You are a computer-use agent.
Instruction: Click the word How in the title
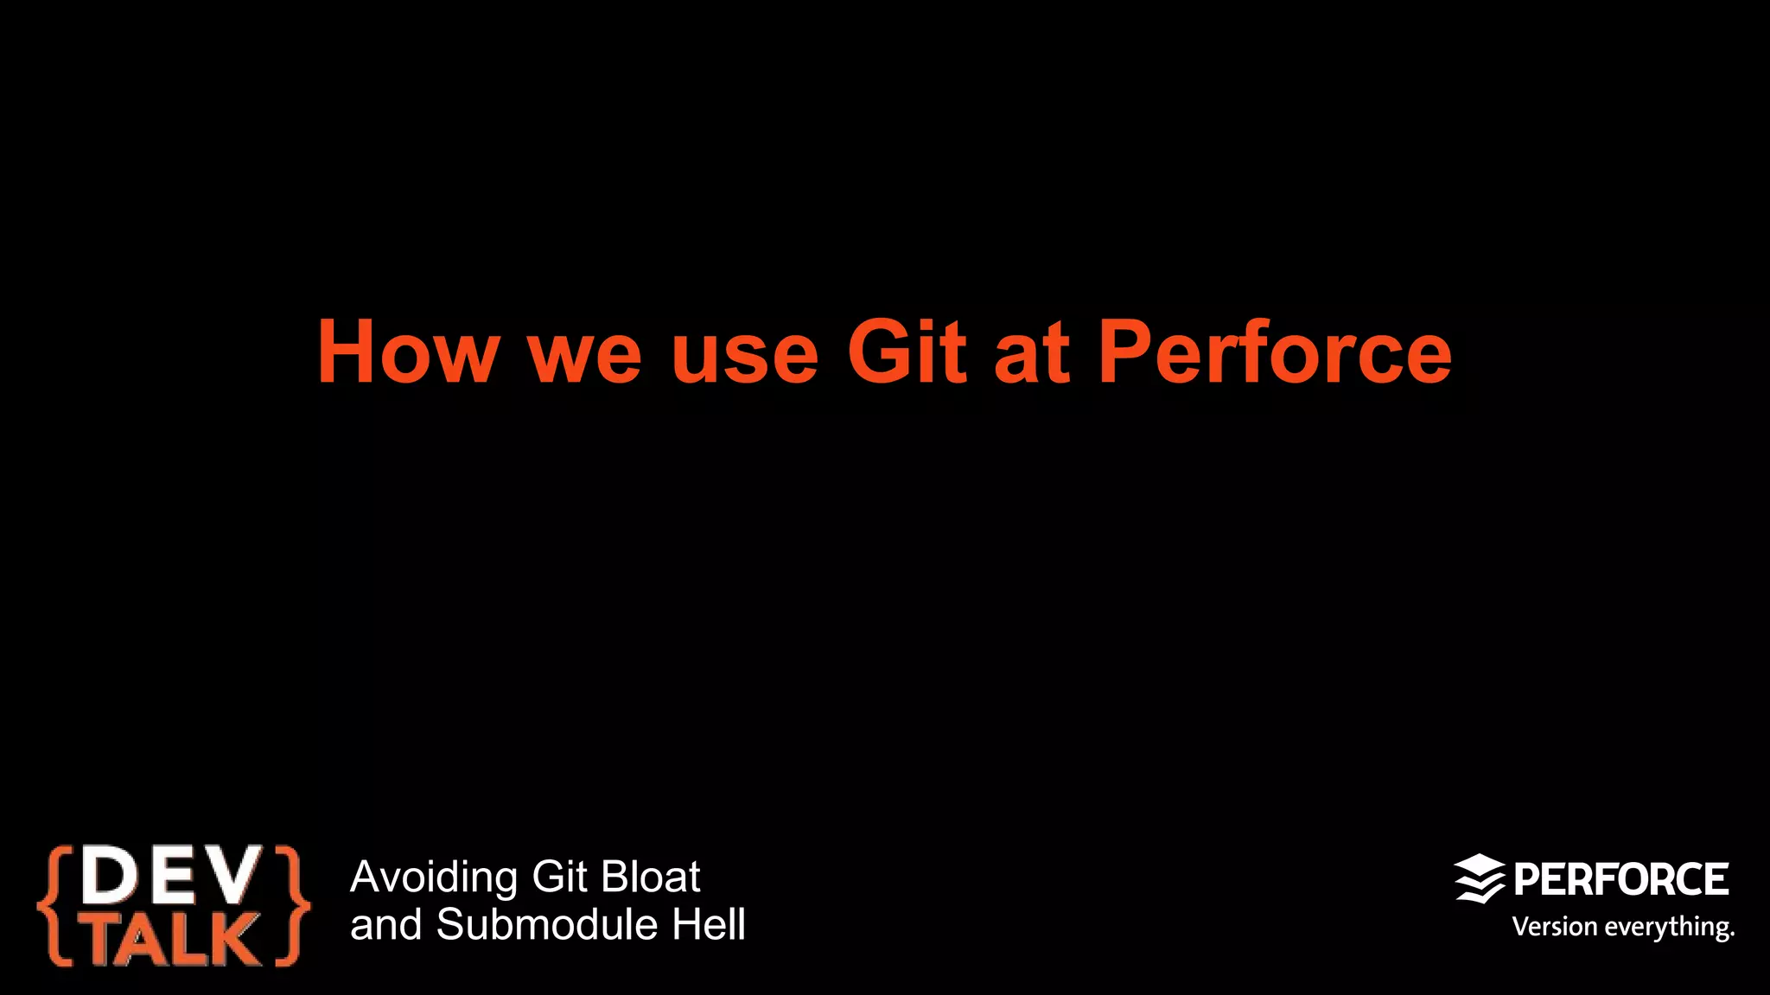[408, 352]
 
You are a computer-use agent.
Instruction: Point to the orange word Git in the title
[906, 352]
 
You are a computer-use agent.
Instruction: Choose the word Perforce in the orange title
[1275, 352]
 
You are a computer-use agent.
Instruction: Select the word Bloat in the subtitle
[650, 877]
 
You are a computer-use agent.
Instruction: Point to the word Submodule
[547, 925]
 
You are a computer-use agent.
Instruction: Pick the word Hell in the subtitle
[709, 925]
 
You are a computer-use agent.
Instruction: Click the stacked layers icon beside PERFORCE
[1479, 879]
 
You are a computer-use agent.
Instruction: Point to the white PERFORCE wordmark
[1620, 879]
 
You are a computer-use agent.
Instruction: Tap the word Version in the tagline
[1554, 927]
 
